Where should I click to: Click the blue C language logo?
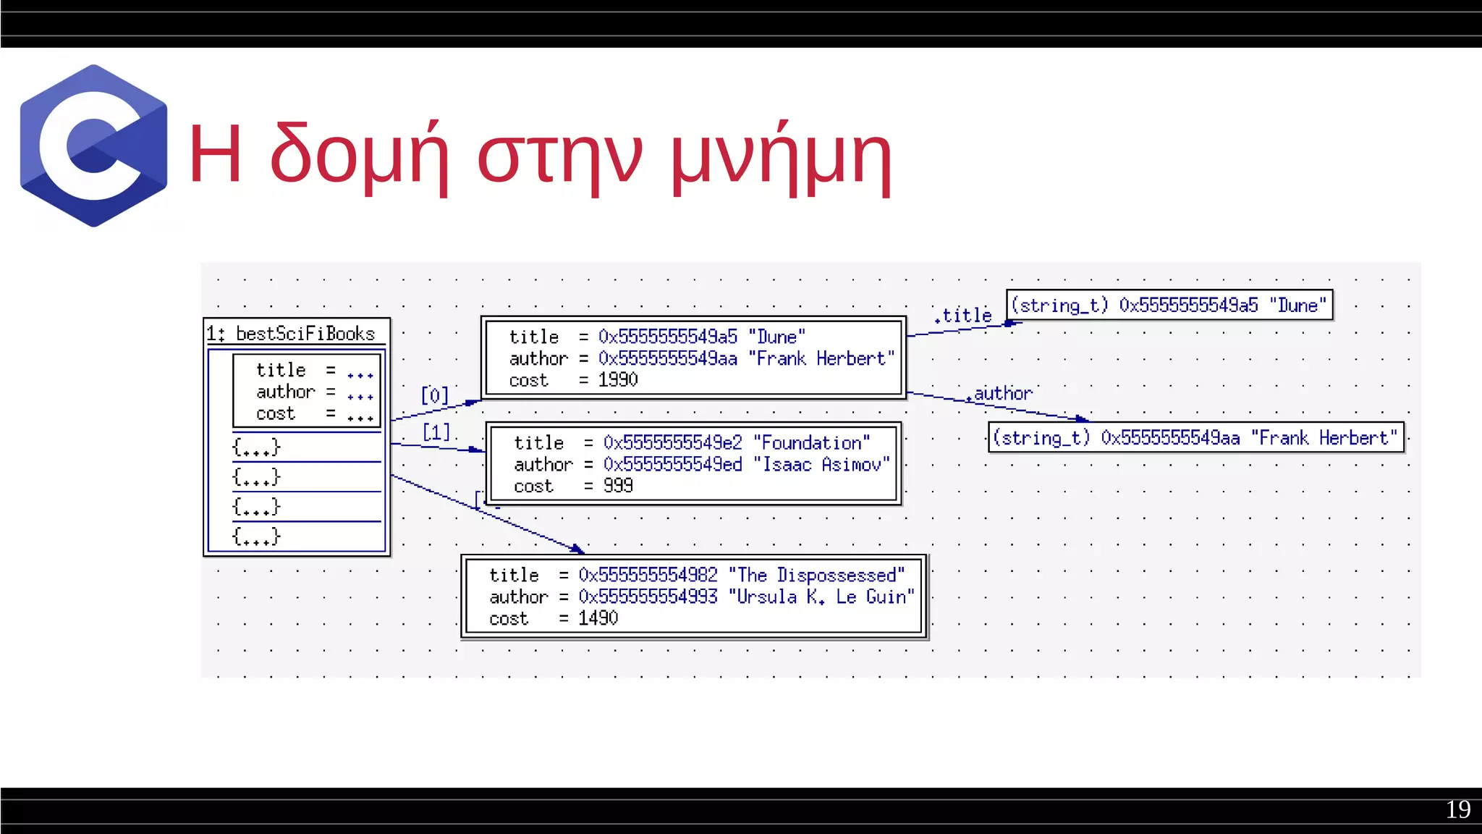point(93,146)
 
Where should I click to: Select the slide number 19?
point(1457,809)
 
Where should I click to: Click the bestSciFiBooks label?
point(305,334)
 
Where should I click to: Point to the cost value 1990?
point(618,380)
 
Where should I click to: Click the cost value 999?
point(618,486)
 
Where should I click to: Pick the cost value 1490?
point(598,618)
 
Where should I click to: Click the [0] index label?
point(435,395)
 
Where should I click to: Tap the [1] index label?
point(436,432)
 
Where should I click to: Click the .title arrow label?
point(963,316)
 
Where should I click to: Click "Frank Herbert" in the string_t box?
point(1324,438)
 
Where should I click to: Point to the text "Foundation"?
point(811,443)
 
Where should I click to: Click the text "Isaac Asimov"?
point(821,465)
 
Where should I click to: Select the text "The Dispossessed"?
point(816,576)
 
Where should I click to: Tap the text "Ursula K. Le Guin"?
point(821,597)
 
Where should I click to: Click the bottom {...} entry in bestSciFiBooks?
point(255,536)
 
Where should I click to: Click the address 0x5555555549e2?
point(672,443)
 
